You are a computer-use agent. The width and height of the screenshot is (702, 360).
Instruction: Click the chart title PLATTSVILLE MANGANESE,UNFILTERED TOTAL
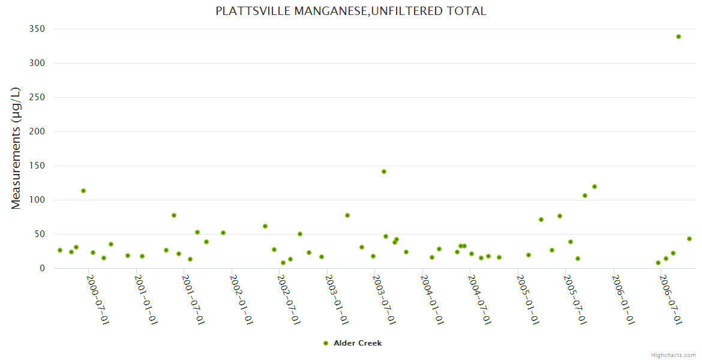(351, 11)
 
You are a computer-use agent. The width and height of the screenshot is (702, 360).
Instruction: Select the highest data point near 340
(679, 37)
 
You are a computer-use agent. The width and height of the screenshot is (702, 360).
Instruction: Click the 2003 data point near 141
(384, 172)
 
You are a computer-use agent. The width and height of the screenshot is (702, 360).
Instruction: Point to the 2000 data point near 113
(83, 191)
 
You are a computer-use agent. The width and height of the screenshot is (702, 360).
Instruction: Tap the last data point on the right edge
(689, 239)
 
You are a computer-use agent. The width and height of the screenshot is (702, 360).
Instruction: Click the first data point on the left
(60, 250)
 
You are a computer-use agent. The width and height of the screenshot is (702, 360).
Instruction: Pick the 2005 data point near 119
(595, 187)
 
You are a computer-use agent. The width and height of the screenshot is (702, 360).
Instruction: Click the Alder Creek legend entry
(352, 343)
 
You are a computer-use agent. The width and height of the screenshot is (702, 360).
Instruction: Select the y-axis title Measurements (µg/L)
(16, 148)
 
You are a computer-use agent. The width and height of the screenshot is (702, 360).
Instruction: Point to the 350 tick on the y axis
(38, 29)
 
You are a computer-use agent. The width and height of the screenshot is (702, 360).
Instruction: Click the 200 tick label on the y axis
(38, 131)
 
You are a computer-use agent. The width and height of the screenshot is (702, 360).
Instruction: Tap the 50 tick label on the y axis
(40, 234)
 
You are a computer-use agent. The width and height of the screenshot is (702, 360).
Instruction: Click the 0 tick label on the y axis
(43, 268)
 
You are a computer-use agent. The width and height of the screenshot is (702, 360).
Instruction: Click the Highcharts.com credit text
(673, 355)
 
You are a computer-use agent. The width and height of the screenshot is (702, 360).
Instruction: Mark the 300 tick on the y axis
(38, 63)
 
